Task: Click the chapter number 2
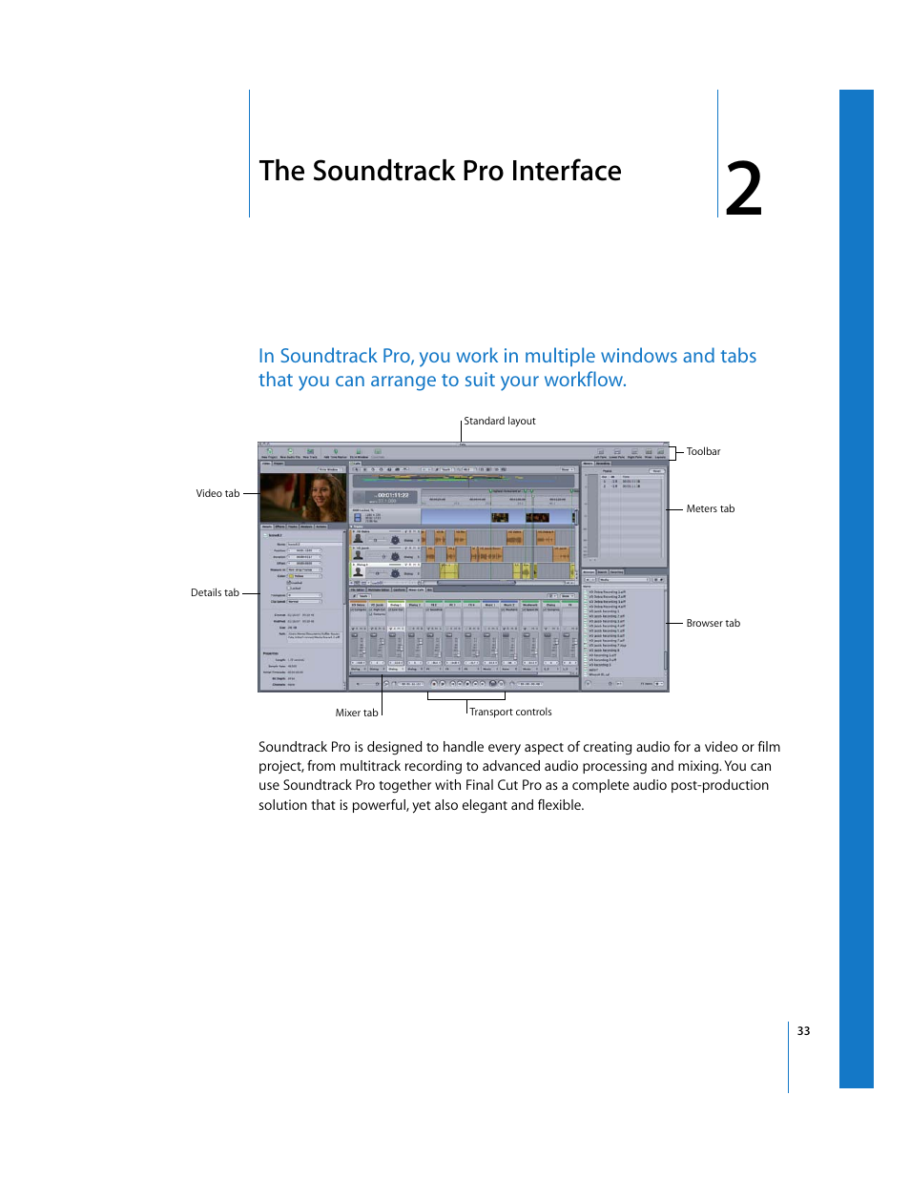[743, 189]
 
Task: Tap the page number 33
[803, 1031]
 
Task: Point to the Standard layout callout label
[499, 421]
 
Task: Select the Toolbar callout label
[703, 451]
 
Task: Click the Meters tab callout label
[710, 508]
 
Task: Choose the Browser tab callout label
[713, 623]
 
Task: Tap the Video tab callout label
[217, 493]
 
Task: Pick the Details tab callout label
[215, 592]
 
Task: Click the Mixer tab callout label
[356, 713]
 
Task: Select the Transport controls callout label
[510, 712]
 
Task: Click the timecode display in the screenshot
[392, 495]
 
